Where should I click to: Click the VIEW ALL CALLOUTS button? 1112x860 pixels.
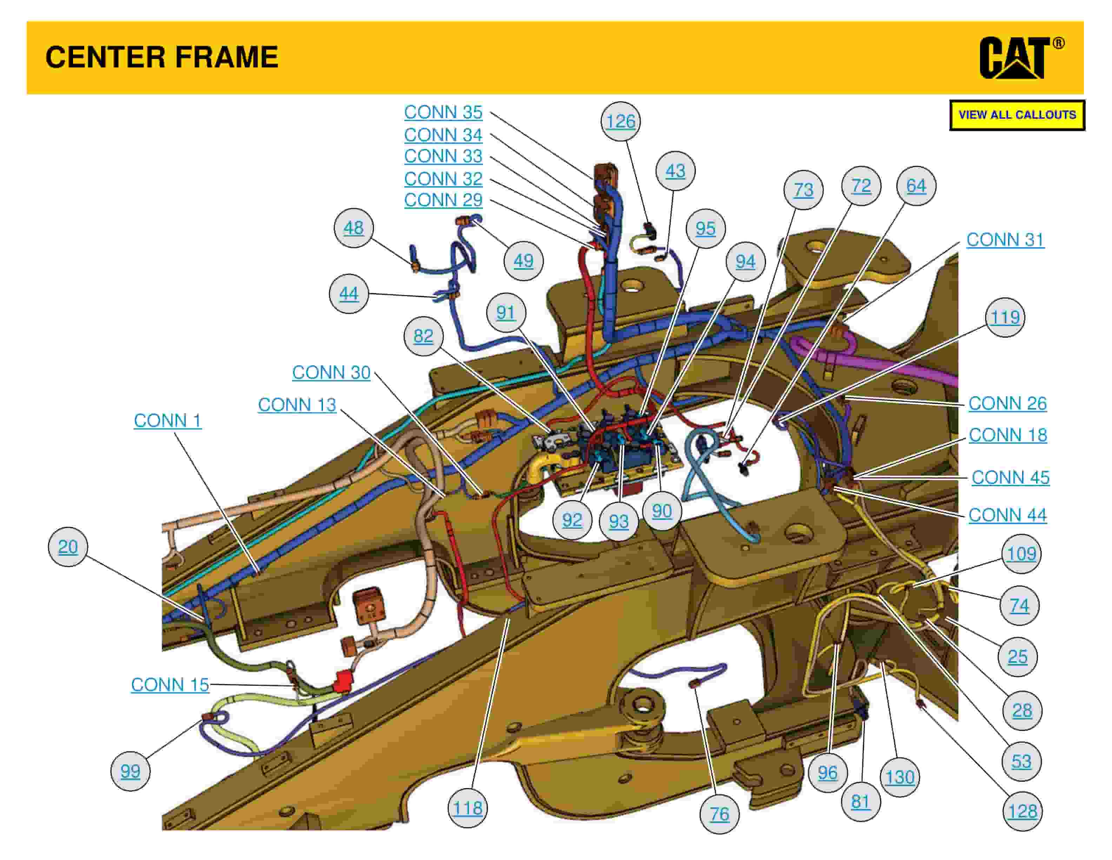(x=1017, y=115)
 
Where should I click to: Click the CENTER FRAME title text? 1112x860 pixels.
(x=162, y=57)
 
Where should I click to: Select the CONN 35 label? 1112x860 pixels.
(x=443, y=112)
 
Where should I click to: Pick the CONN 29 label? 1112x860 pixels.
(x=443, y=200)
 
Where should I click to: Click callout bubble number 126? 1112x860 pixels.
(x=621, y=121)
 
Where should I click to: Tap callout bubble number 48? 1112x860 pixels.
(x=353, y=228)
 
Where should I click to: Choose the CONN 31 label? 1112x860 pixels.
(x=1005, y=240)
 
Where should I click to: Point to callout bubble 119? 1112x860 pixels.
(x=1005, y=317)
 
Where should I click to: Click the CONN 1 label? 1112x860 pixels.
(x=167, y=421)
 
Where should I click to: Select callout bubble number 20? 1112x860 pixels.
(x=68, y=547)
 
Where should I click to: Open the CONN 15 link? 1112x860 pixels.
(x=170, y=685)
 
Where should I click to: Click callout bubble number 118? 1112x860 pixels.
(x=468, y=808)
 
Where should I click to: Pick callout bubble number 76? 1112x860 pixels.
(x=720, y=814)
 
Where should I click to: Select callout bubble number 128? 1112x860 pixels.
(x=1022, y=811)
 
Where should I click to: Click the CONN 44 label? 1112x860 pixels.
(x=1007, y=515)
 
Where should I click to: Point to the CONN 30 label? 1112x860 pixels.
(x=331, y=372)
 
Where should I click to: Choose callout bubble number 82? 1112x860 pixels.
(x=423, y=336)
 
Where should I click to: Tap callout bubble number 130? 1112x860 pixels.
(x=900, y=777)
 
